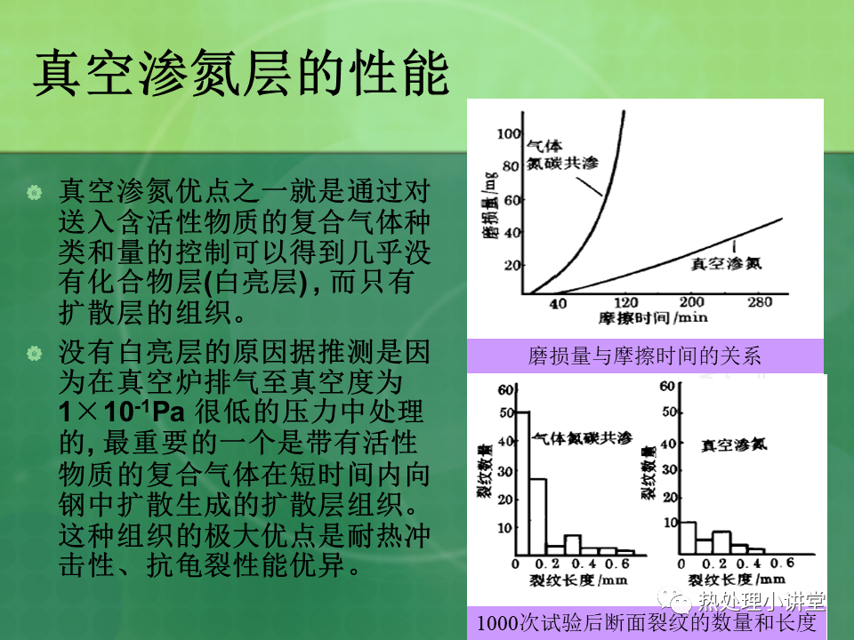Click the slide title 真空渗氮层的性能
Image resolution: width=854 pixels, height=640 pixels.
click(x=241, y=73)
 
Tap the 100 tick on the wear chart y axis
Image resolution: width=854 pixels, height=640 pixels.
click(x=509, y=133)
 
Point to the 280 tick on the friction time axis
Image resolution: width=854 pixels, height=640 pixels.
click(x=759, y=302)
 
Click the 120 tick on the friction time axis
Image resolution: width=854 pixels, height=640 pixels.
click(x=625, y=302)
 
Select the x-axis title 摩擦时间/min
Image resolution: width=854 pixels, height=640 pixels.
click(x=653, y=317)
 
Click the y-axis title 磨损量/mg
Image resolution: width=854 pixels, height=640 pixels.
click(x=490, y=205)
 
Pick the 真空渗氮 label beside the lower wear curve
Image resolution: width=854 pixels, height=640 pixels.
click(x=726, y=263)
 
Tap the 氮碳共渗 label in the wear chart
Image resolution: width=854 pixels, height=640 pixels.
click(x=562, y=163)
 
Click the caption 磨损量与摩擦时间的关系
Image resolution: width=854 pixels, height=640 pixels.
click(x=644, y=356)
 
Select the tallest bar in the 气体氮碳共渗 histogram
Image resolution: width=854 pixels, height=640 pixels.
click(x=522, y=484)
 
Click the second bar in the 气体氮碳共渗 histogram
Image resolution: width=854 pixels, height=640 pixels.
click(x=538, y=517)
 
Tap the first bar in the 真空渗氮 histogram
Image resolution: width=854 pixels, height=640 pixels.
click(x=688, y=539)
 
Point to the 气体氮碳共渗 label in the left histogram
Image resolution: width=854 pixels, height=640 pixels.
click(x=582, y=438)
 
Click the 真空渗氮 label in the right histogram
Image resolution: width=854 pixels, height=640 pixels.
click(x=734, y=445)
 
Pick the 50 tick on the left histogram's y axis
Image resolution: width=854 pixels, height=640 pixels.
click(x=506, y=412)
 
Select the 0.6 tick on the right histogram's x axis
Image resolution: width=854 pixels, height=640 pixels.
click(x=782, y=563)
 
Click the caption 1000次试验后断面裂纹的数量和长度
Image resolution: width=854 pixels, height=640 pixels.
click(x=647, y=622)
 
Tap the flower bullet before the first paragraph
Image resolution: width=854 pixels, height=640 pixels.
click(x=35, y=192)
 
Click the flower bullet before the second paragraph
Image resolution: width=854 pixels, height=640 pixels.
click(x=35, y=353)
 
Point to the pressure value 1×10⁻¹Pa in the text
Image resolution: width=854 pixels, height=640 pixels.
click(x=122, y=412)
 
